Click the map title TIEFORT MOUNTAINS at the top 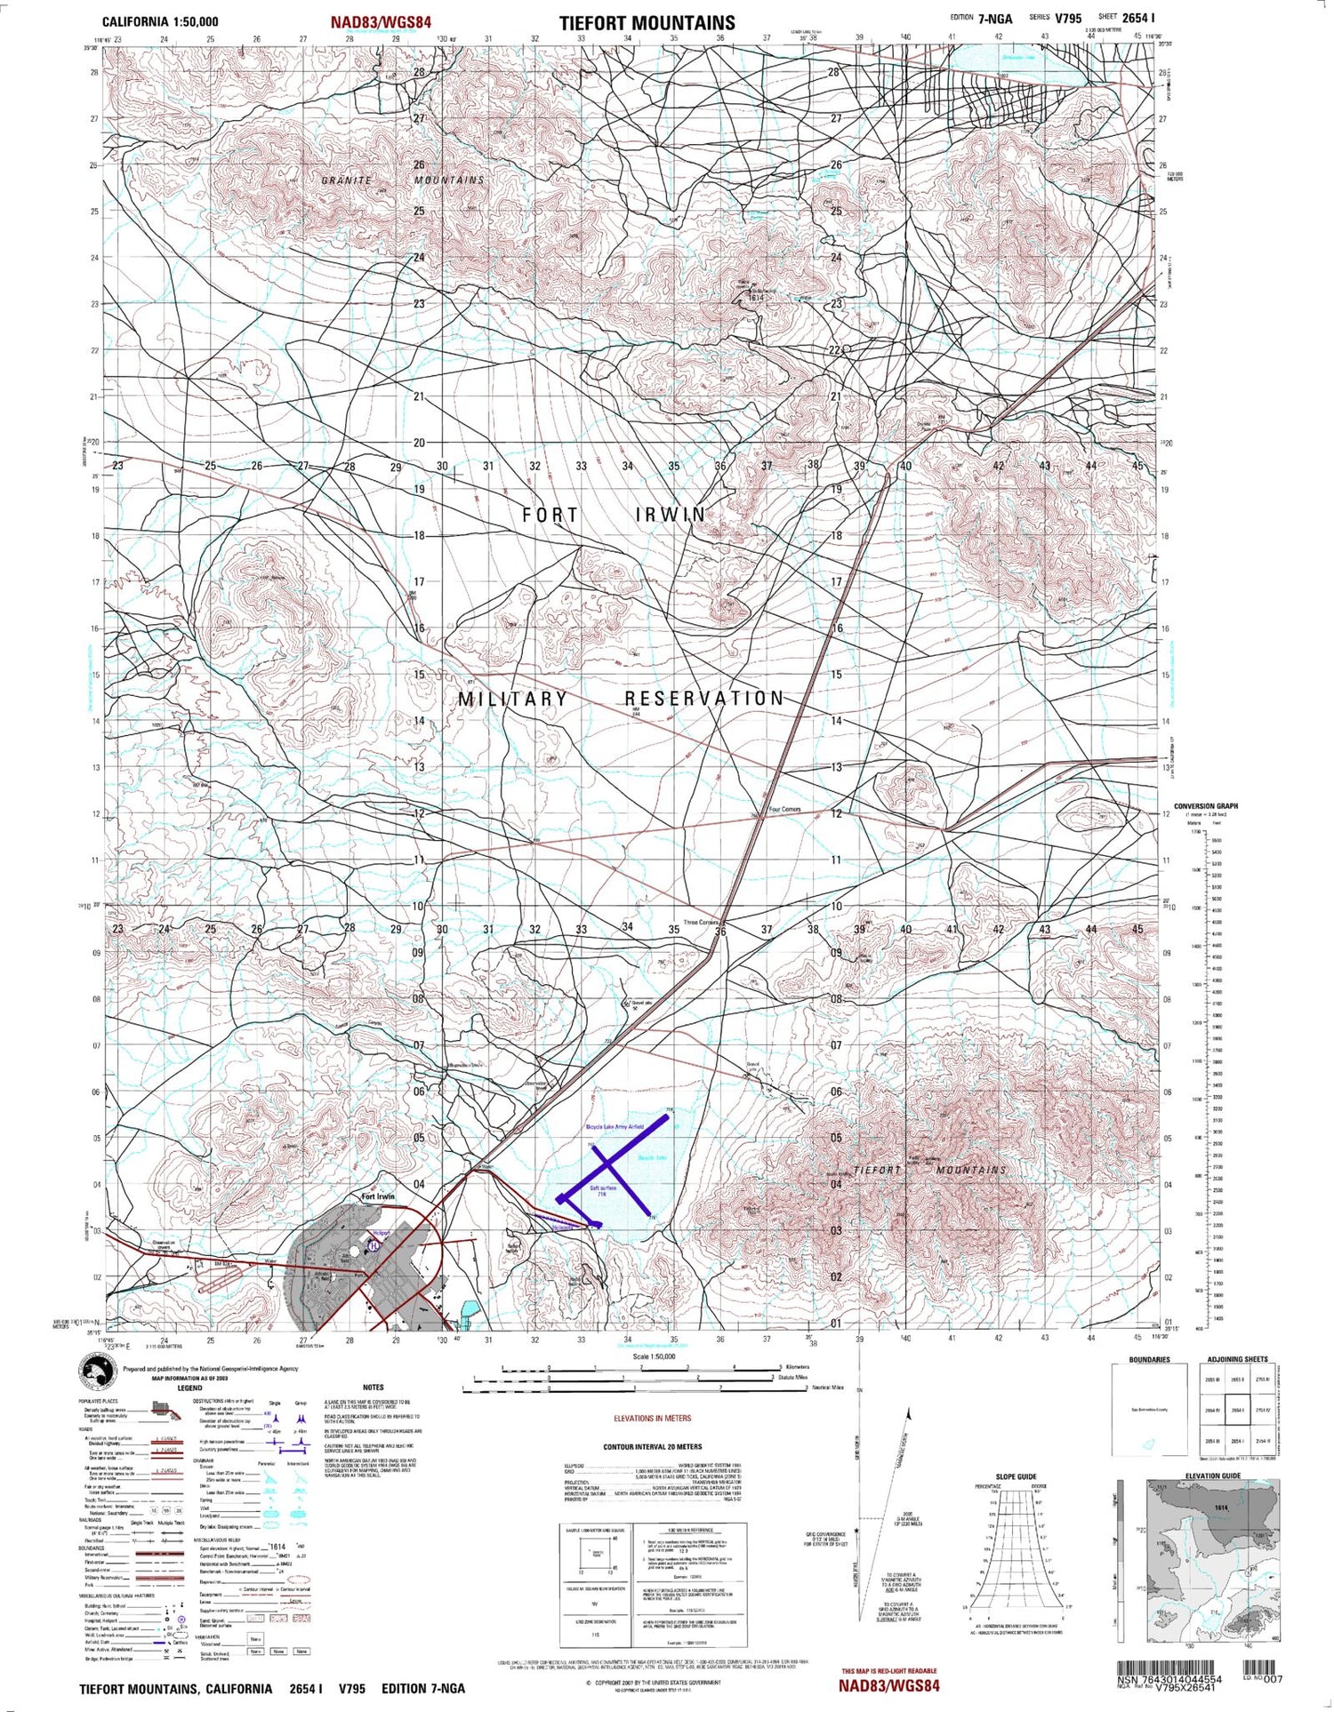pos(647,23)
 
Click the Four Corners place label pos(784,810)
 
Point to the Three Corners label pos(701,923)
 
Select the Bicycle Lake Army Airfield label pos(614,1126)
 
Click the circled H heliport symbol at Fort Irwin pos(375,1246)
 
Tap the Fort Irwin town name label pos(378,1196)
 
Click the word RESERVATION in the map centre pos(703,699)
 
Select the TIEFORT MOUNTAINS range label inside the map pos(929,1170)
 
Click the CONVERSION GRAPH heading pos(1205,806)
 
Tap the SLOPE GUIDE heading pos(1016,1476)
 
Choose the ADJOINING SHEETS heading pos(1237,1359)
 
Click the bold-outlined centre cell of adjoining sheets pos(1237,1410)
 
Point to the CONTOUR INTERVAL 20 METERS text pos(652,1447)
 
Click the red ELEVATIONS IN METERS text pos(653,1419)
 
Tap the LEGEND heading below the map pos(189,1388)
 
